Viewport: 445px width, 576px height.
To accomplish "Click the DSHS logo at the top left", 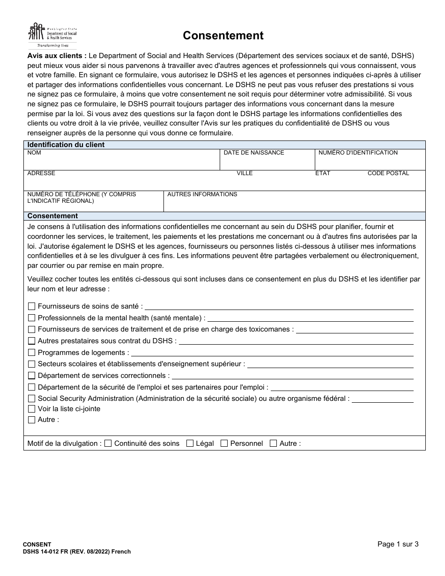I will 52,36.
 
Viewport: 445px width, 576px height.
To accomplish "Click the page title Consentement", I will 223,36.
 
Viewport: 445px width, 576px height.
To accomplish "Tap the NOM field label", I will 34,153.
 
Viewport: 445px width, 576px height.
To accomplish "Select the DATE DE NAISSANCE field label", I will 253,153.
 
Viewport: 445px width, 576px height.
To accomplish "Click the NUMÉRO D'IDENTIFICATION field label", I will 358,153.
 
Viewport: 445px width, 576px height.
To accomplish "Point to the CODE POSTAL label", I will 388,173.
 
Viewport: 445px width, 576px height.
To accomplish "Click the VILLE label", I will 245,173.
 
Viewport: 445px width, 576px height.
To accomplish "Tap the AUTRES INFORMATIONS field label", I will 202,194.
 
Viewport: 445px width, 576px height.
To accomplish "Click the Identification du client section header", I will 66,145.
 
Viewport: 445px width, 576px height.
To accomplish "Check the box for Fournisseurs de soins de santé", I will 32,306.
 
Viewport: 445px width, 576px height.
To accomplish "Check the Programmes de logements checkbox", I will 32,353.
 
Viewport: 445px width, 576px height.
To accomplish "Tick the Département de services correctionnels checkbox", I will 32,376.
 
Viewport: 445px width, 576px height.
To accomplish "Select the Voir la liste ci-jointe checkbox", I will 32,409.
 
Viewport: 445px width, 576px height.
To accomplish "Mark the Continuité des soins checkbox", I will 108,443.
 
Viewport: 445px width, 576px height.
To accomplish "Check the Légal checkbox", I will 190,443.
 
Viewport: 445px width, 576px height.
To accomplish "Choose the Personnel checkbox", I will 224,443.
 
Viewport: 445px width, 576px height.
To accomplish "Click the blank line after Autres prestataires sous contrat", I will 296,341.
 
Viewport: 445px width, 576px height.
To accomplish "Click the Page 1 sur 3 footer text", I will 398,544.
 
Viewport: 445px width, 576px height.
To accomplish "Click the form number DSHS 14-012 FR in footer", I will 52,552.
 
